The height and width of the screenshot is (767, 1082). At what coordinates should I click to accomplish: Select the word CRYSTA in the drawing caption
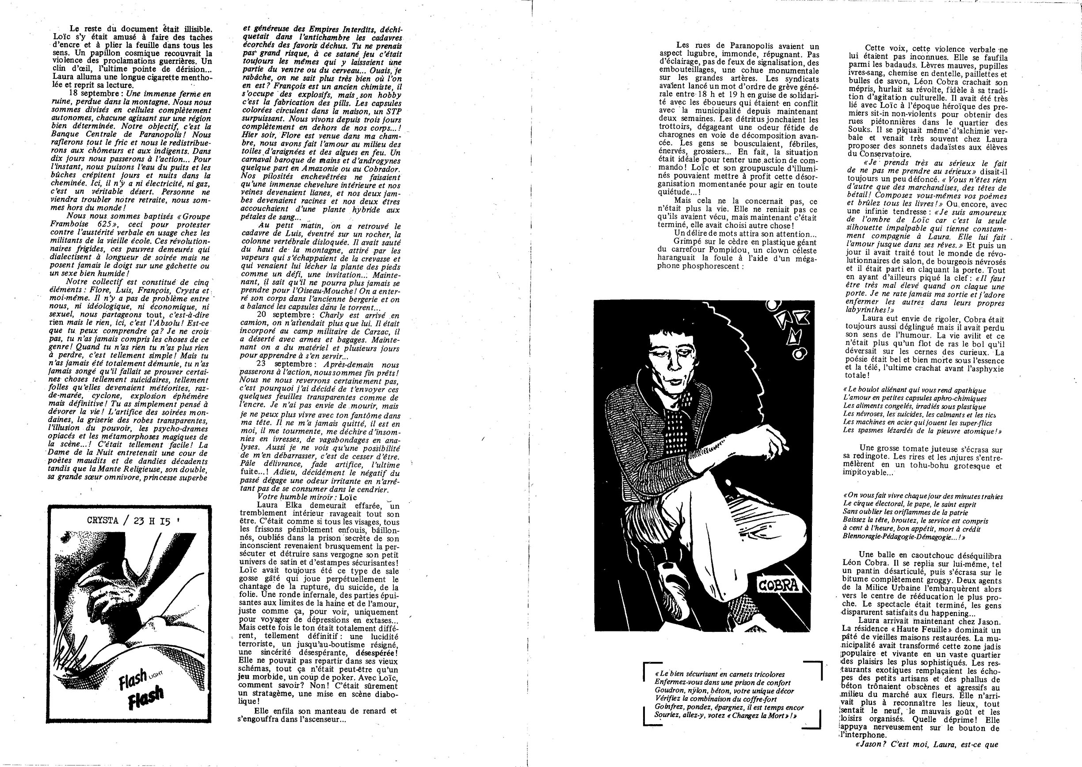(103, 521)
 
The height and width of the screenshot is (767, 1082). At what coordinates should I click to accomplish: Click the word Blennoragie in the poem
(863, 537)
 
